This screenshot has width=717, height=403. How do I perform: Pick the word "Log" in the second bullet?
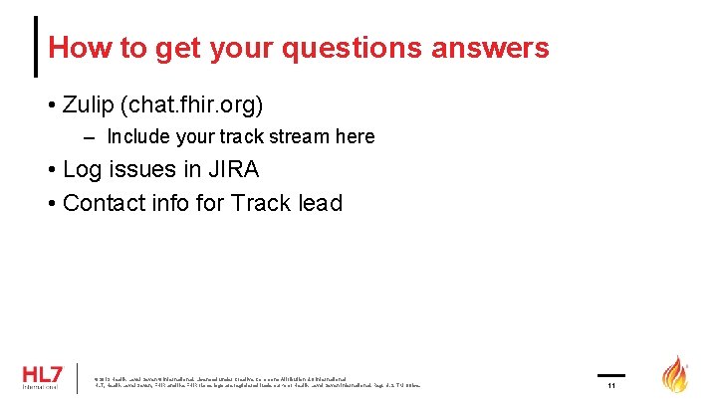[82, 169]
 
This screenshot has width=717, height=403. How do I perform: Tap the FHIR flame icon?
[676, 374]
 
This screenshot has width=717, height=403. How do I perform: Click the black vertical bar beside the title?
[37, 46]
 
